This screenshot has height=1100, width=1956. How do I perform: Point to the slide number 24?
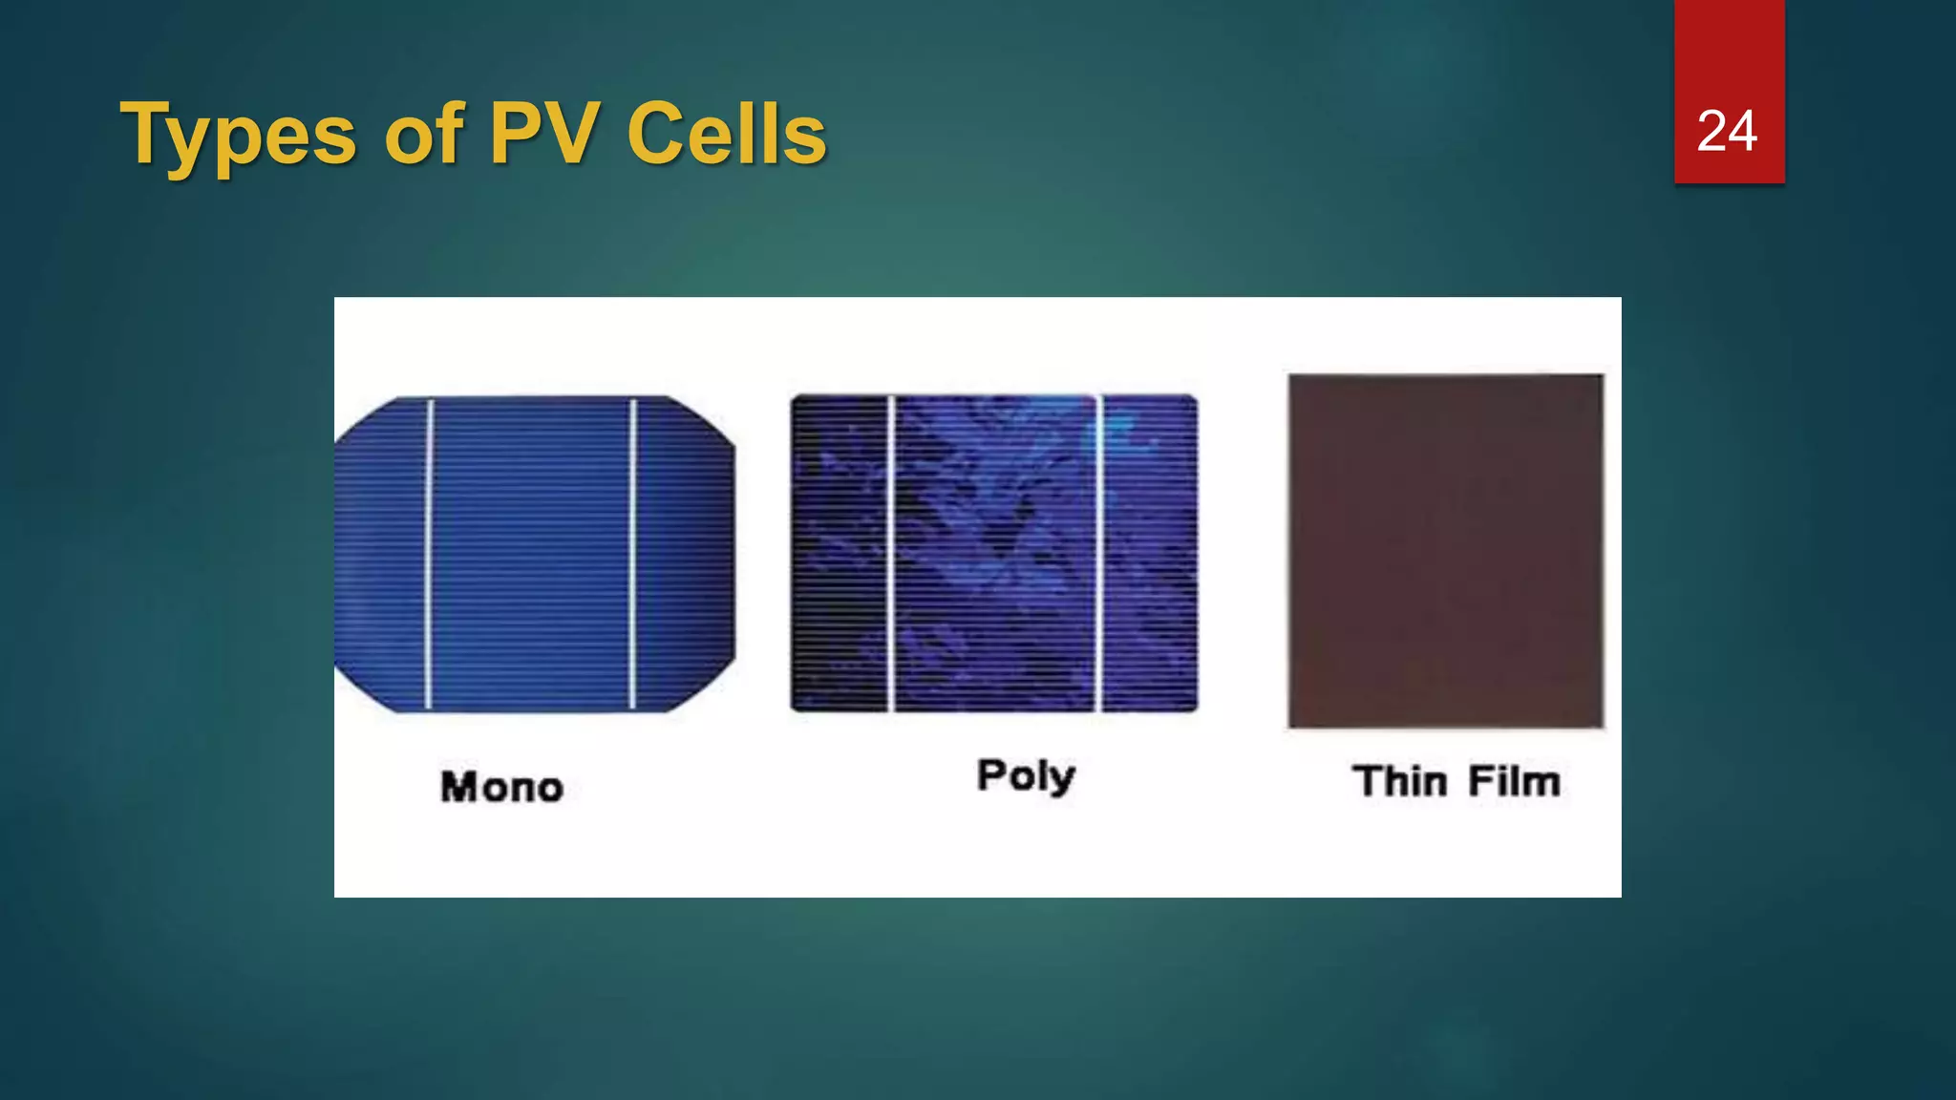click(1727, 131)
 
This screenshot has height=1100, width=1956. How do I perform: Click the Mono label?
click(501, 787)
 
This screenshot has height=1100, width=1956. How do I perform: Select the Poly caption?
click(1026, 775)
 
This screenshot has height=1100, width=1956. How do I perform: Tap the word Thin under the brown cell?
click(1400, 781)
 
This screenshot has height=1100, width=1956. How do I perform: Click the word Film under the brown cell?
click(1514, 781)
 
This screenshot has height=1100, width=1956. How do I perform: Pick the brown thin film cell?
click(1445, 551)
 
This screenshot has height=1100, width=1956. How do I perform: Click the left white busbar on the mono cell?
click(429, 554)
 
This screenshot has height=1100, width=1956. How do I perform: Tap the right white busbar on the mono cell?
click(632, 554)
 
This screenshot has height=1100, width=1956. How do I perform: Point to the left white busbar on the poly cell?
click(891, 554)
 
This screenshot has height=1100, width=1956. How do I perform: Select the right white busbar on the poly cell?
click(1098, 554)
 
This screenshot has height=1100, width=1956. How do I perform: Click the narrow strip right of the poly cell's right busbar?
click(1150, 554)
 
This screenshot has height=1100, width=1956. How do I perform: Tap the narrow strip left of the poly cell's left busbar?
click(840, 554)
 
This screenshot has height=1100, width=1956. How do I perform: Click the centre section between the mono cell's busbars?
click(530, 554)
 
